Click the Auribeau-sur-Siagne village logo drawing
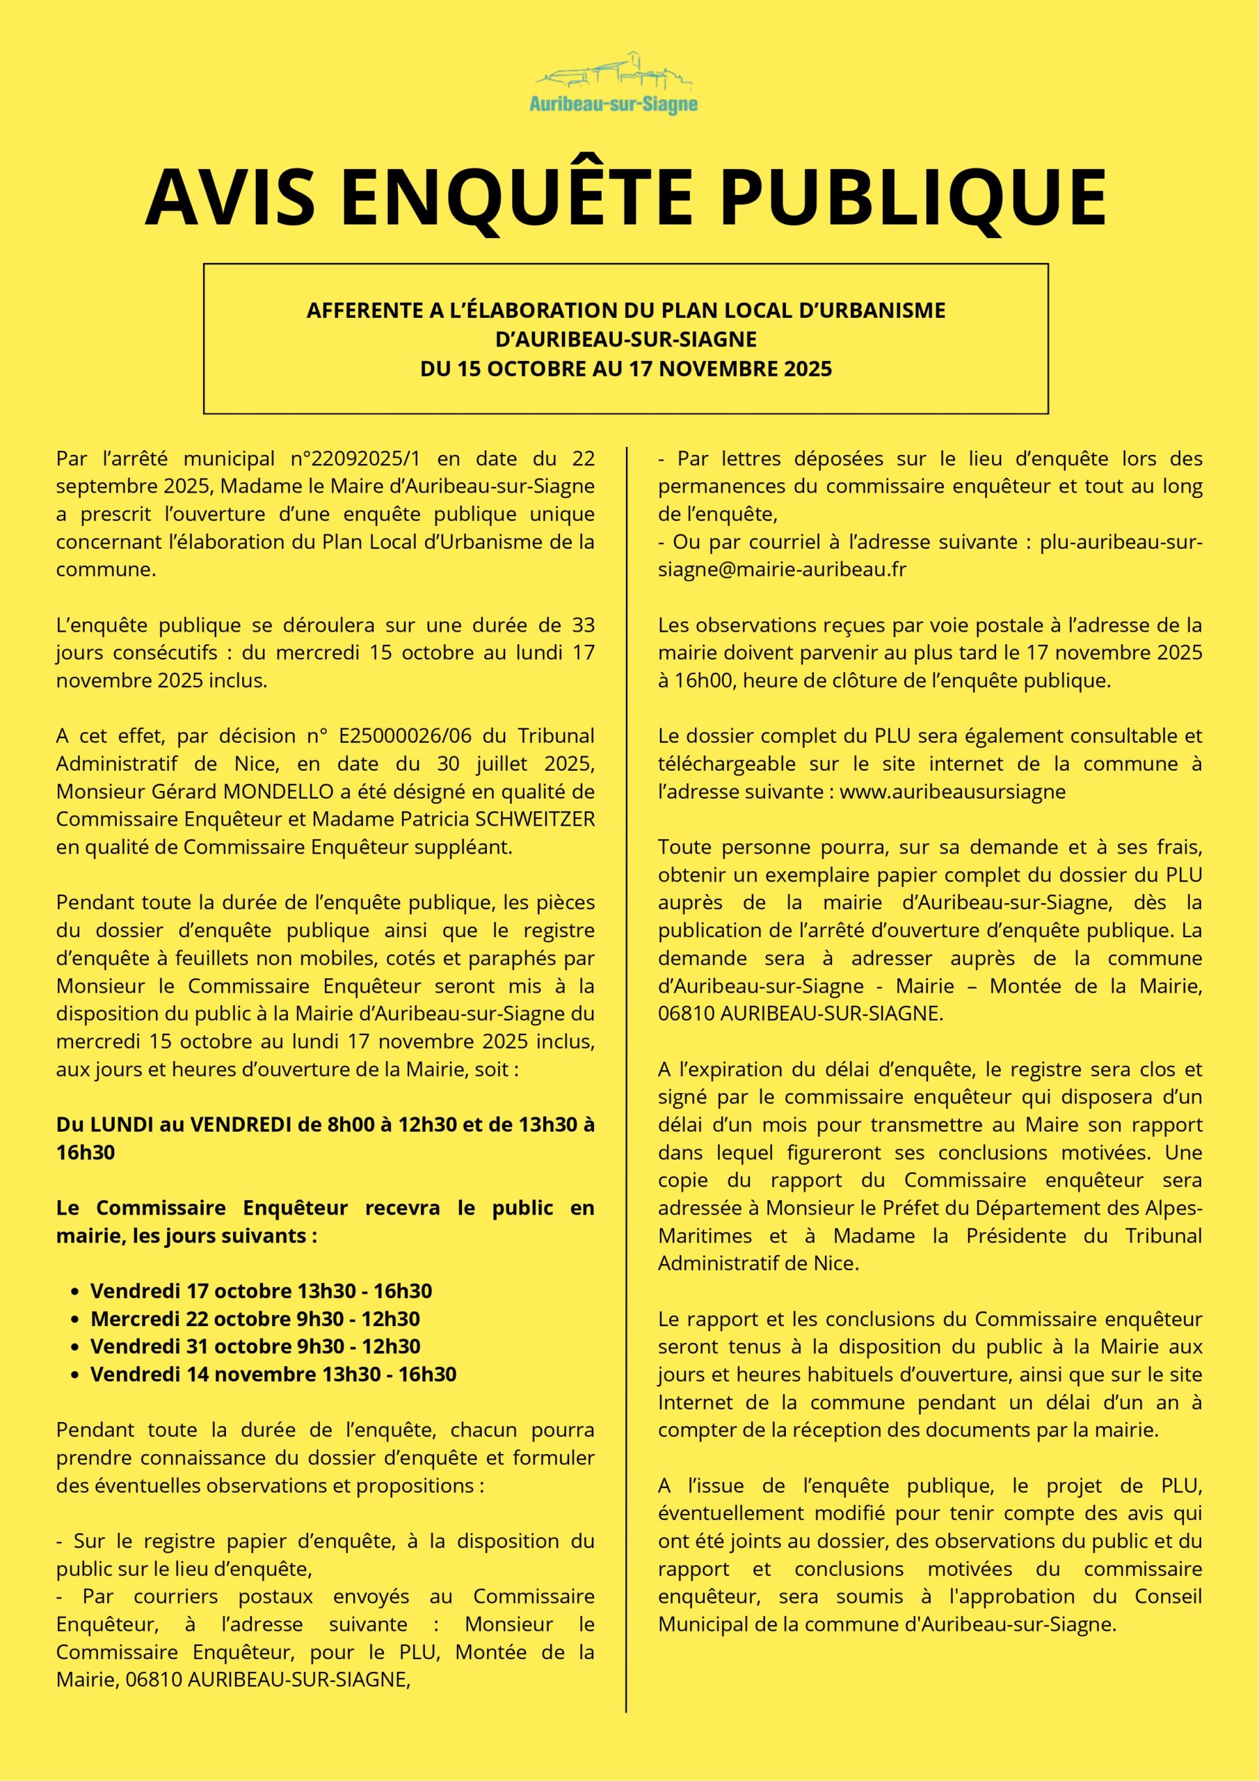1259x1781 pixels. [614, 72]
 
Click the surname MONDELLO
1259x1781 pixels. [276, 791]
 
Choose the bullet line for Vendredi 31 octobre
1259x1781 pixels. [255, 1347]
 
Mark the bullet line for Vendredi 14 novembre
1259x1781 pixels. [273, 1375]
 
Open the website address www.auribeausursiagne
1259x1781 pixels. [952, 791]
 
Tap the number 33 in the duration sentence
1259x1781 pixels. [584, 625]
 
